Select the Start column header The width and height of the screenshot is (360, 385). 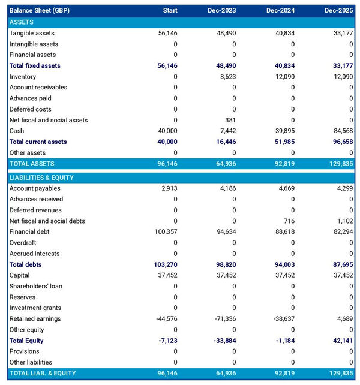pos(170,11)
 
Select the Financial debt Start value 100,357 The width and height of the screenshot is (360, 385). pos(166,232)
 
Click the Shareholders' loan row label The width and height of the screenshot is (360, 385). pos(35,286)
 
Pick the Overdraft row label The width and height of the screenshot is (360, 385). pos(23,243)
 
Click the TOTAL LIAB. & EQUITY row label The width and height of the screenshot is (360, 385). pos(43,373)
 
